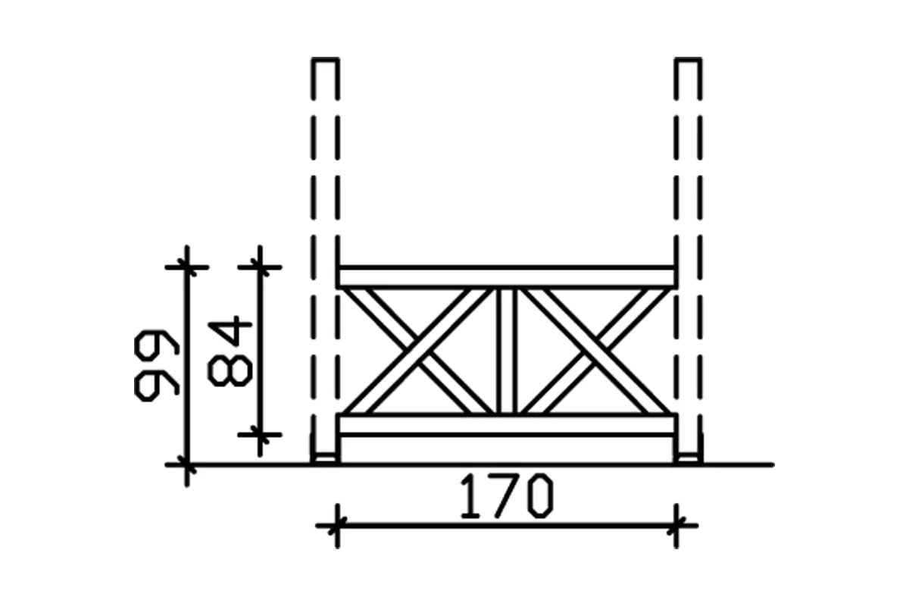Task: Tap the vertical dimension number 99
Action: coord(156,364)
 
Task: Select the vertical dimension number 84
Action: coord(229,352)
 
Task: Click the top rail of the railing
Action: coord(506,276)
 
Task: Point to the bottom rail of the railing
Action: coord(506,425)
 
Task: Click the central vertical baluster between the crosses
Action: coord(506,351)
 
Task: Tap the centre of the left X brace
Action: coord(418,351)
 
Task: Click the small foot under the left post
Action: coord(326,458)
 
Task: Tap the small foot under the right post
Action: coord(688,458)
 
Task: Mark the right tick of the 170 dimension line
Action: coord(676,524)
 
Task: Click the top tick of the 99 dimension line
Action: coord(186,267)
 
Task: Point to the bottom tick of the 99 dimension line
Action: coord(186,463)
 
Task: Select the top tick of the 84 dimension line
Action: coord(260,267)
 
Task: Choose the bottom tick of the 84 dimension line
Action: coord(260,434)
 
